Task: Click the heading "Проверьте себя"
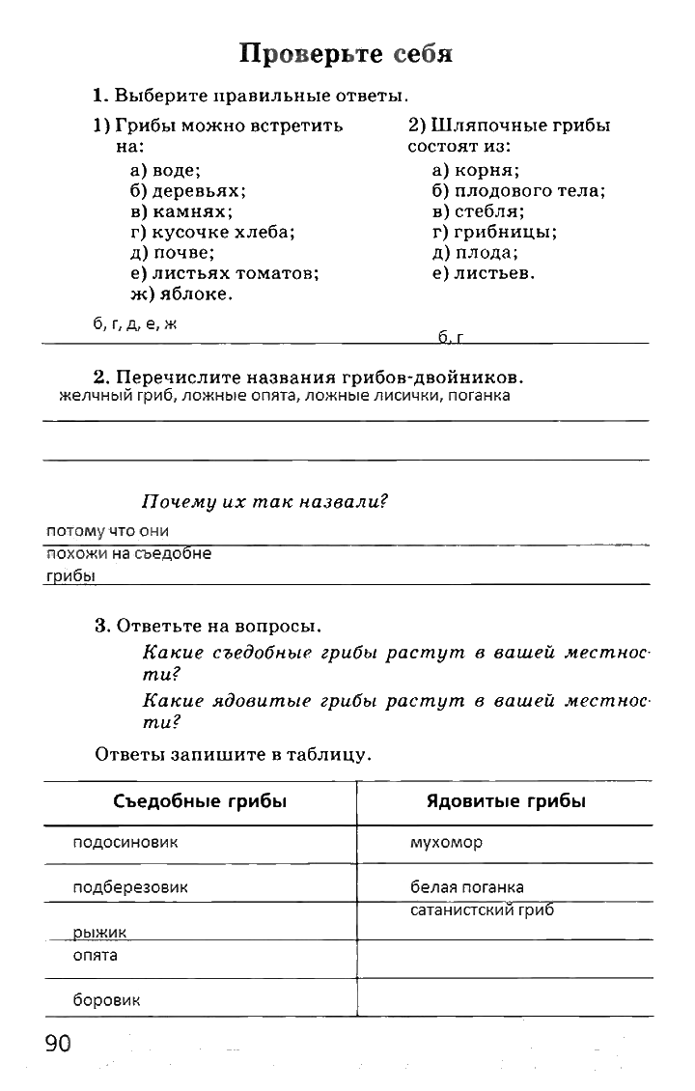click(x=347, y=54)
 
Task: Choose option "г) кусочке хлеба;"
click(x=212, y=232)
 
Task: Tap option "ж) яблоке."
click(x=181, y=294)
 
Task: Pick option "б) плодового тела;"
click(x=518, y=191)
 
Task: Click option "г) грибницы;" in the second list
click(x=494, y=232)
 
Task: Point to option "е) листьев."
click(x=484, y=273)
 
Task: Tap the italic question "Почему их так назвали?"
click(x=264, y=502)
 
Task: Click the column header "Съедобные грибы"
click(x=200, y=801)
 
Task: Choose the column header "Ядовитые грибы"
click(x=506, y=801)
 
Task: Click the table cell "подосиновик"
click(x=125, y=843)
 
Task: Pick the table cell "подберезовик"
click(x=130, y=887)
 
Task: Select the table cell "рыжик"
click(x=100, y=932)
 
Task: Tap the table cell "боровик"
click(x=106, y=1000)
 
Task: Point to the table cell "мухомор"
click(x=446, y=843)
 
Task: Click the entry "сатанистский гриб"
click(x=482, y=910)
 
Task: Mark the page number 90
click(x=57, y=1044)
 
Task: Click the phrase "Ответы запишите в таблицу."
click(x=233, y=754)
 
